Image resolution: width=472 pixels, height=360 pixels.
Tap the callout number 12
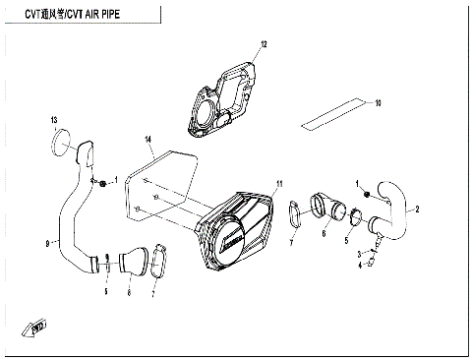[x=263, y=44]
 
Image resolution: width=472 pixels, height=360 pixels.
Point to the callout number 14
[x=147, y=140]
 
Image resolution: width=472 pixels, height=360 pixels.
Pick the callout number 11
[x=279, y=184]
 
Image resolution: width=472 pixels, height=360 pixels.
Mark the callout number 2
[x=417, y=210]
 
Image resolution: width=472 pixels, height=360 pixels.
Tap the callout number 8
[x=128, y=292]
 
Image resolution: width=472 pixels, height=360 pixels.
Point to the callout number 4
[x=360, y=264]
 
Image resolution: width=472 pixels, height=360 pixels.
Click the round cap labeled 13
[x=62, y=141]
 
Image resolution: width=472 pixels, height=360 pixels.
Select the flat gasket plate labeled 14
[x=162, y=187]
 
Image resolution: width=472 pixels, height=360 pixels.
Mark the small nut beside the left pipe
[x=102, y=184]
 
